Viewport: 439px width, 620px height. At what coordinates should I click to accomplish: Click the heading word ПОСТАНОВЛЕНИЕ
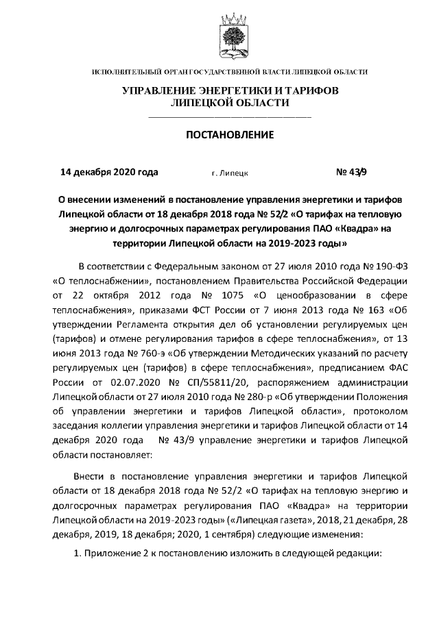click(220, 134)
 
